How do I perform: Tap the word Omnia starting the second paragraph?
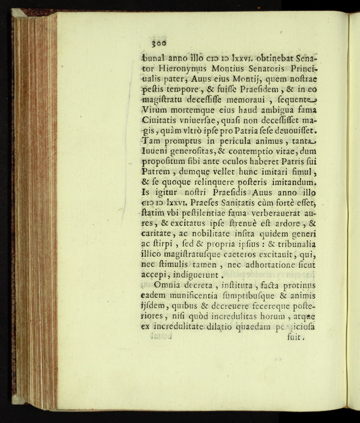coord(169,286)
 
